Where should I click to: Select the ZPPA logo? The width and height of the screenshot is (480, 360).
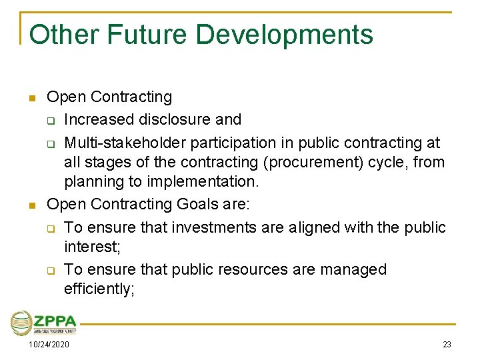pyautogui.click(x=44, y=323)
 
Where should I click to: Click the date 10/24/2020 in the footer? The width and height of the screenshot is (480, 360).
pyautogui.click(x=48, y=345)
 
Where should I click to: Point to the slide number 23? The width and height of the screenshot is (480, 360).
pyautogui.click(x=447, y=345)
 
